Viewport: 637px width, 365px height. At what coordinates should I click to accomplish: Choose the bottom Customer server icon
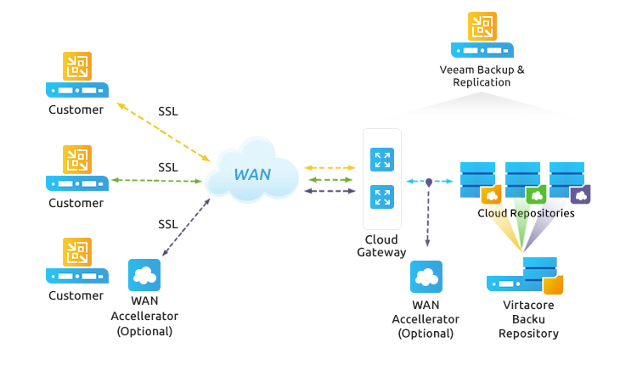click(76, 261)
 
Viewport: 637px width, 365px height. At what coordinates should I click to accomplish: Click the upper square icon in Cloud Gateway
click(382, 160)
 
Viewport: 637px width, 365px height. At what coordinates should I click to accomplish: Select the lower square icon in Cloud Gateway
click(382, 198)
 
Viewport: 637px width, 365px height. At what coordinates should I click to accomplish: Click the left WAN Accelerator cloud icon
click(144, 276)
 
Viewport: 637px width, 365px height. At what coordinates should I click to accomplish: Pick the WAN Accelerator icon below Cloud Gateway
click(426, 277)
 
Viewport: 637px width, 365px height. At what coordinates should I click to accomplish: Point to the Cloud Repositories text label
click(526, 213)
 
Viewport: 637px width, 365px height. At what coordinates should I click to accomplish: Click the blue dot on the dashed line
click(429, 182)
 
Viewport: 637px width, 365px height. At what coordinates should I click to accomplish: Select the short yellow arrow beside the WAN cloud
click(330, 168)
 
